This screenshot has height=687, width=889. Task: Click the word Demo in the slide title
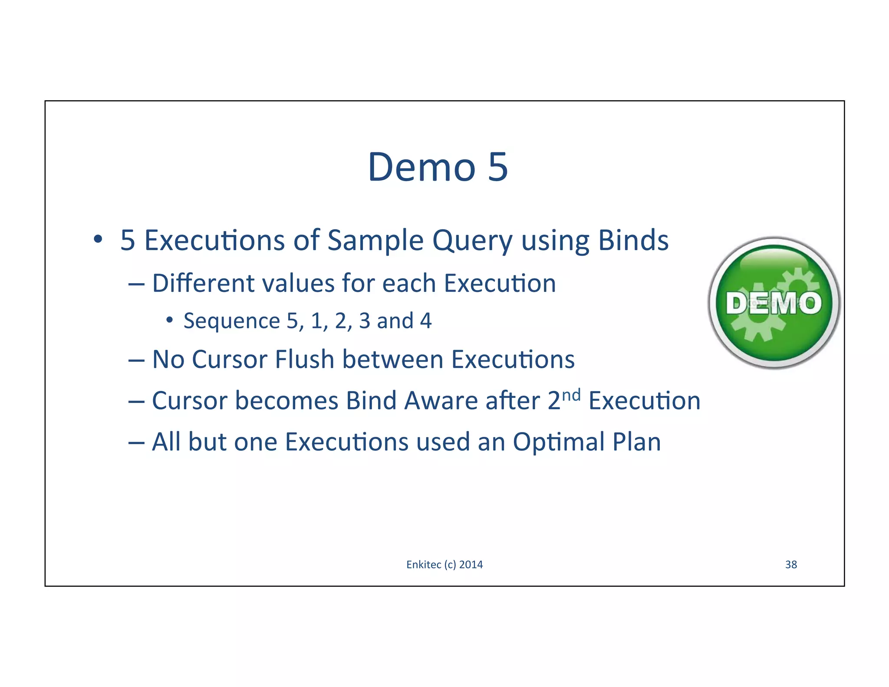tap(421, 167)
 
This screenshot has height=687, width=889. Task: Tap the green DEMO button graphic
tap(774, 303)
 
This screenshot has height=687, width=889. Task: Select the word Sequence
tap(231, 321)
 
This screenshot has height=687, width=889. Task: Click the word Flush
tap(304, 360)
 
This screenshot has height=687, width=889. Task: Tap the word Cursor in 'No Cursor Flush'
tap(228, 360)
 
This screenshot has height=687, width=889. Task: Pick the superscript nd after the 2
tap(571, 394)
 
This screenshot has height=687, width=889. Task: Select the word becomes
tap(286, 400)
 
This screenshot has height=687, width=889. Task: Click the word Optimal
tap(559, 443)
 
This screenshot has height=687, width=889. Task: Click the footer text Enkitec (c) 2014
tap(444, 565)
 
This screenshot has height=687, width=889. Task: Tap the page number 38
tap(791, 565)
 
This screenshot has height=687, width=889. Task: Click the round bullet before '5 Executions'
tap(98, 239)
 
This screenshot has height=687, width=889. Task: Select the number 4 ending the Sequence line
tap(426, 321)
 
